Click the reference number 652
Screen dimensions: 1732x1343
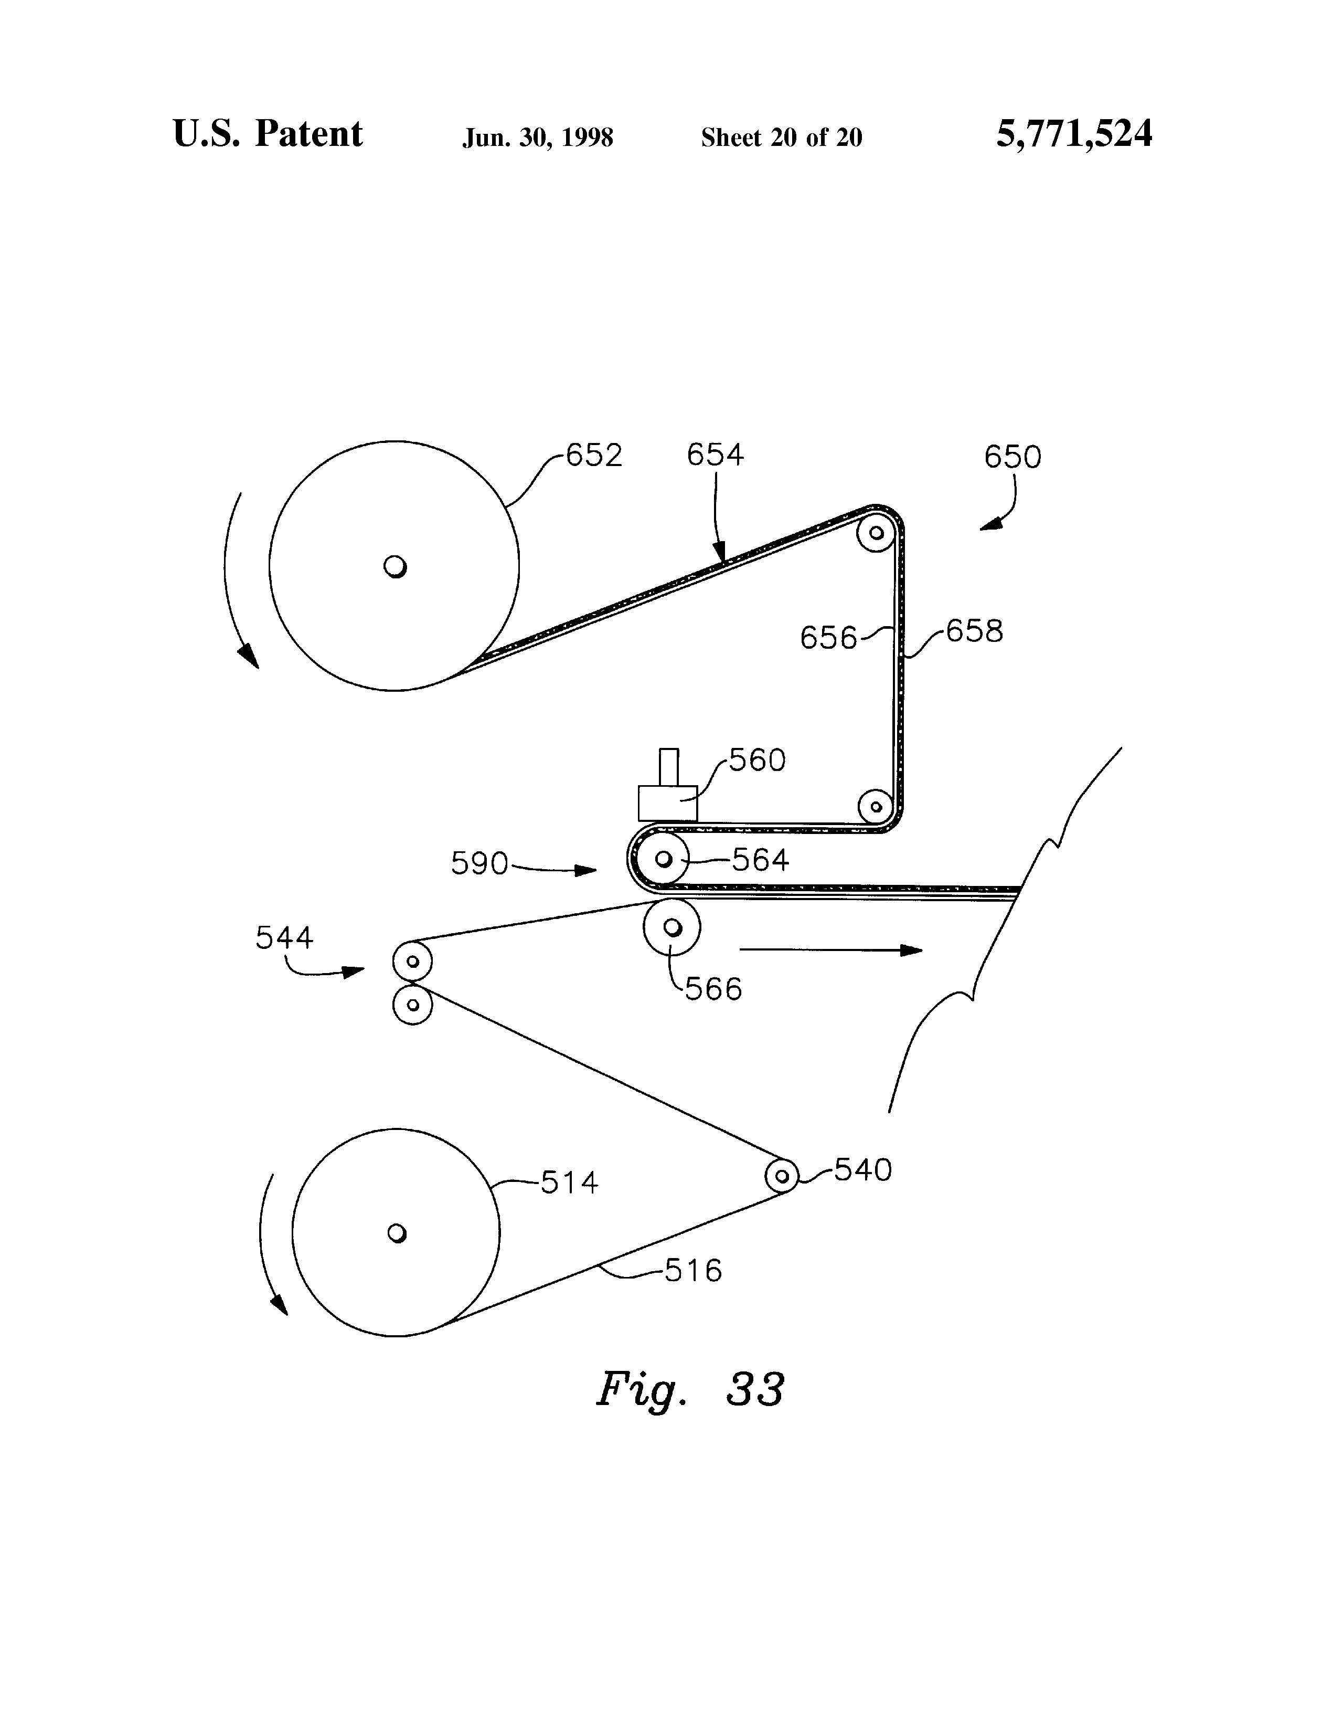point(594,455)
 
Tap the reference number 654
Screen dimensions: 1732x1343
point(715,455)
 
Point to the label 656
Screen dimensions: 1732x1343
point(828,638)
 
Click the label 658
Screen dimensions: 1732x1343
point(974,631)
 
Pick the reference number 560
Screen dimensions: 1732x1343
point(757,760)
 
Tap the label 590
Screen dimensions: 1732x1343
point(479,863)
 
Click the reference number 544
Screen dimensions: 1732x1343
point(284,938)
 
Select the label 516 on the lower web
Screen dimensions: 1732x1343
point(693,1271)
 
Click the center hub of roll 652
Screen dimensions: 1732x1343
point(395,566)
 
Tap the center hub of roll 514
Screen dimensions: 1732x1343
point(397,1233)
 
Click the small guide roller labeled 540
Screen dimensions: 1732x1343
point(782,1175)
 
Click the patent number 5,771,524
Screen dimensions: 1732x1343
point(1073,133)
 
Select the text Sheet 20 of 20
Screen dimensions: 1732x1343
point(781,138)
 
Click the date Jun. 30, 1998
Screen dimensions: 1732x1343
point(538,138)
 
